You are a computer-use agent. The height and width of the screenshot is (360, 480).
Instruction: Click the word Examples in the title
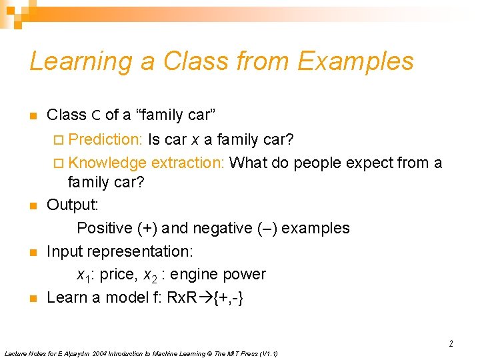point(355,61)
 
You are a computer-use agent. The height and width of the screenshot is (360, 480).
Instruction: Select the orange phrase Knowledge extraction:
point(146,163)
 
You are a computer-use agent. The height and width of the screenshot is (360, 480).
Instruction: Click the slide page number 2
point(451,344)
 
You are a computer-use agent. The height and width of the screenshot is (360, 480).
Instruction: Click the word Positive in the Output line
point(105,228)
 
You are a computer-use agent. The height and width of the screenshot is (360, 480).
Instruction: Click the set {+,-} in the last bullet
point(229,297)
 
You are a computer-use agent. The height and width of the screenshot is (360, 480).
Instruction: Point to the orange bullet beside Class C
point(32,117)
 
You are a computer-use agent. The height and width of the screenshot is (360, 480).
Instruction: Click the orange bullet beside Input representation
point(32,253)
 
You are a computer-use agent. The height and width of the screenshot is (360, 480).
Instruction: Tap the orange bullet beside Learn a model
point(32,299)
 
